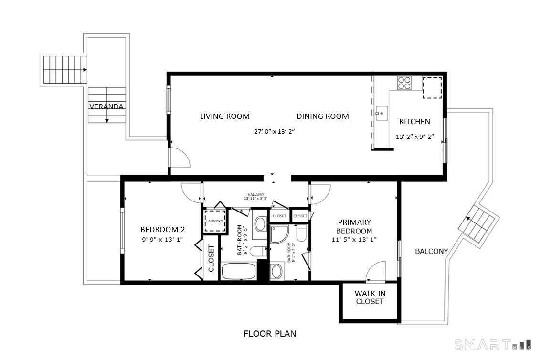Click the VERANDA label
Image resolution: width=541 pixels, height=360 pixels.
click(x=106, y=106)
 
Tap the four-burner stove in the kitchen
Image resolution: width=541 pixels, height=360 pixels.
click(x=404, y=83)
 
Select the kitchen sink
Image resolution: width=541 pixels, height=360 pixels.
click(x=382, y=113)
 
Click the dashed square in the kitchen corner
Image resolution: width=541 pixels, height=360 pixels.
click(x=432, y=88)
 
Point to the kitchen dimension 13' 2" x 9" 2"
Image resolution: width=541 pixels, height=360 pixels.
click(x=414, y=137)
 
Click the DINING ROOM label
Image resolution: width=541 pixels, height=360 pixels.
click(x=323, y=116)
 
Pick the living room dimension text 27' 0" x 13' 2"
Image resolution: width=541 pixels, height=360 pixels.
click(x=274, y=131)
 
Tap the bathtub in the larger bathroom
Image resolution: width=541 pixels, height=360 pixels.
click(x=238, y=271)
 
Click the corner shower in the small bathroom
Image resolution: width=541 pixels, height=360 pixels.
click(x=279, y=234)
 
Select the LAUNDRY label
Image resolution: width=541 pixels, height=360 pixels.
click(x=214, y=221)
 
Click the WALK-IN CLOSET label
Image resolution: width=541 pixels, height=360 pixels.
click(x=370, y=297)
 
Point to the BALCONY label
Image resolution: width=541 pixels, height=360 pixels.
click(x=431, y=251)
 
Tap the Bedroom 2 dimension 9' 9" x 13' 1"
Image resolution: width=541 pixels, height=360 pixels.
click(x=162, y=239)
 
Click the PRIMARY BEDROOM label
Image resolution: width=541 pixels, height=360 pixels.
click(x=354, y=226)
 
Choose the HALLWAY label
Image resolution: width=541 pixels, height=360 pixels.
click(x=255, y=194)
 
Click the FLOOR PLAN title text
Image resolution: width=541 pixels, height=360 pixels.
click(x=270, y=334)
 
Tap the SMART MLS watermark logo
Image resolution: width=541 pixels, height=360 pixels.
click(x=493, y=344)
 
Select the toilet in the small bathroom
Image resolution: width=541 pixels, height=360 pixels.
click(x=301, y=233)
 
